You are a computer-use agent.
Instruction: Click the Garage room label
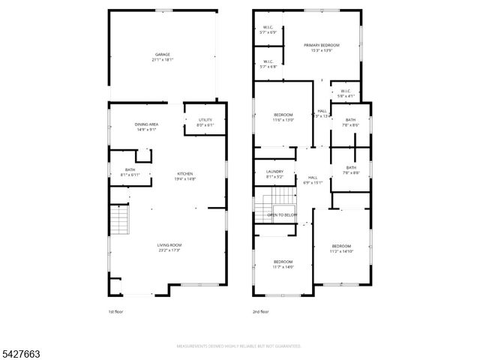[x=163, y=57]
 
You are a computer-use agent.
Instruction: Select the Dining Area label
[x=146, y=127]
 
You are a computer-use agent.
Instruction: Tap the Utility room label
[x=205, y=122]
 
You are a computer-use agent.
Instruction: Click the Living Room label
[x=169, y=248]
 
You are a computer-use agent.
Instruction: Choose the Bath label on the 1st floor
[x=130, y=172]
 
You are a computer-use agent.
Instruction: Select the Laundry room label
[x=274, y=174]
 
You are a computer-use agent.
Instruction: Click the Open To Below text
[x=282, y=215]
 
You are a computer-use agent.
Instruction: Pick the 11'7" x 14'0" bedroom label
[x=283, y=263]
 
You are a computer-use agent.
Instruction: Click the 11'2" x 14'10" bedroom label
[x=341, y=249]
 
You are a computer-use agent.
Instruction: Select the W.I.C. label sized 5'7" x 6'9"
[x=268, y=30]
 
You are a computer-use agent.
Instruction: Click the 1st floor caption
[x=116, y=311]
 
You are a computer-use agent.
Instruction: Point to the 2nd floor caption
[x=260, y=311]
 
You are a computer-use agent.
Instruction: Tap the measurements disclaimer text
[x=239, y=346]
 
